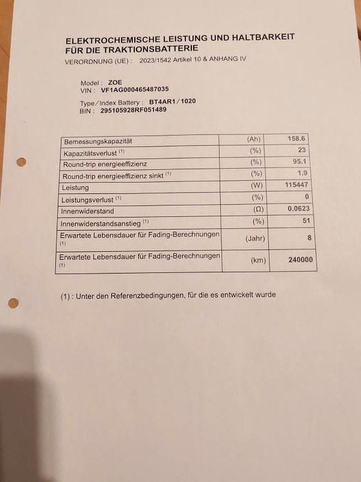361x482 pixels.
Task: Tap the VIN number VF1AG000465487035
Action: coord(135,90)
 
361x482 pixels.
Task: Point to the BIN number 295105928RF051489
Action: coord(133,110)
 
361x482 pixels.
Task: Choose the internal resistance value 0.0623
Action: coord(298,208)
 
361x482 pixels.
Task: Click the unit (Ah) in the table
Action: coord(254,140)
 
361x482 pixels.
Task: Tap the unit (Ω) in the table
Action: coord(258,209)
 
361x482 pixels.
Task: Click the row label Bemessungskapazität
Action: coord(98,142)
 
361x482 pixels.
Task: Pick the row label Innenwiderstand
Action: coord(87,212)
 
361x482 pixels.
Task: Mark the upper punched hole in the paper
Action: coord(21,162)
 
